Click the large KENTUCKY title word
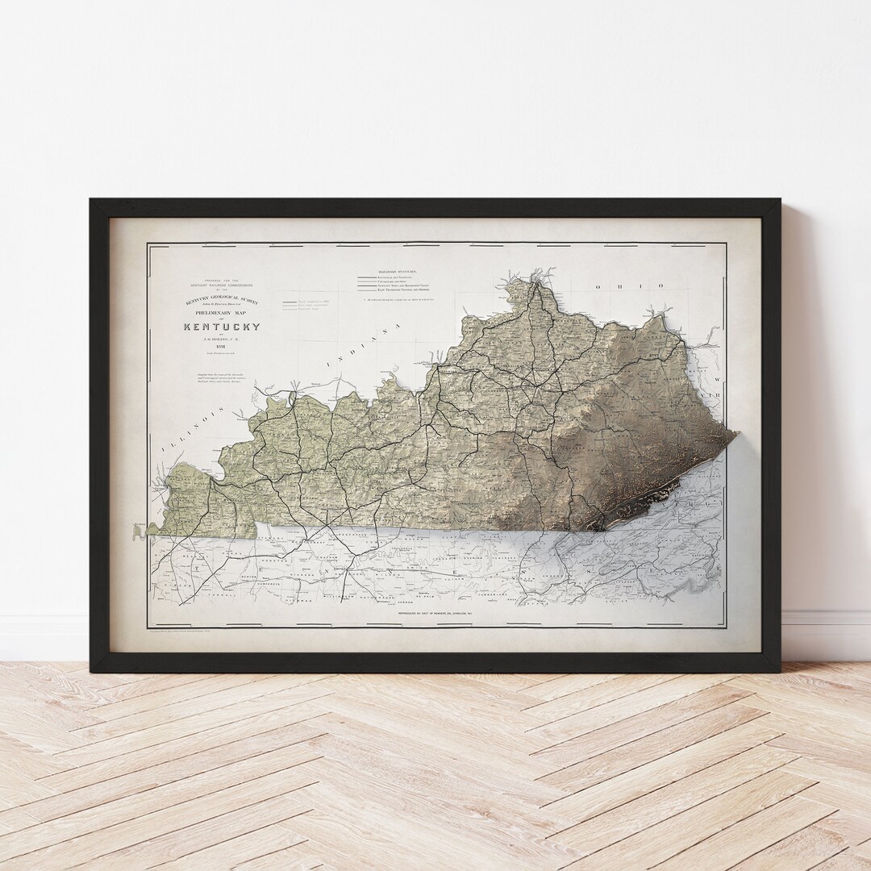coord(222,327)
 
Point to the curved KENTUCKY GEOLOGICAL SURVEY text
coord(222,299)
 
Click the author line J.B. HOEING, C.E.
coord(222,340)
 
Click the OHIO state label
coord(630,285)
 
